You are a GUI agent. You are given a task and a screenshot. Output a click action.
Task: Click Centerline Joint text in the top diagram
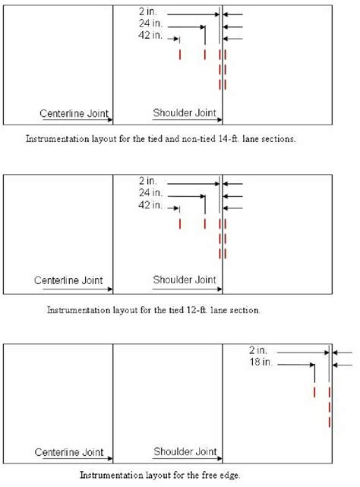[75, 113]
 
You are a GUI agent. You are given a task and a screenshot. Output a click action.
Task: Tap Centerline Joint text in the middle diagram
[68, 280]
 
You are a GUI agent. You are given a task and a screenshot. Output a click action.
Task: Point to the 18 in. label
[256, 362]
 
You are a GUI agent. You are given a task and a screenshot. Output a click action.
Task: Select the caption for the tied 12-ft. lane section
[154, 310]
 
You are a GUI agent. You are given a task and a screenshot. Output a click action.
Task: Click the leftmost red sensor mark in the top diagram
[179, 55]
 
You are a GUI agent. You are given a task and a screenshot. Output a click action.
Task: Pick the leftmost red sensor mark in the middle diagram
[179, 224]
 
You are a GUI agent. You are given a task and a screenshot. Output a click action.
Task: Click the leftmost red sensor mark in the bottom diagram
[314, 391]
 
